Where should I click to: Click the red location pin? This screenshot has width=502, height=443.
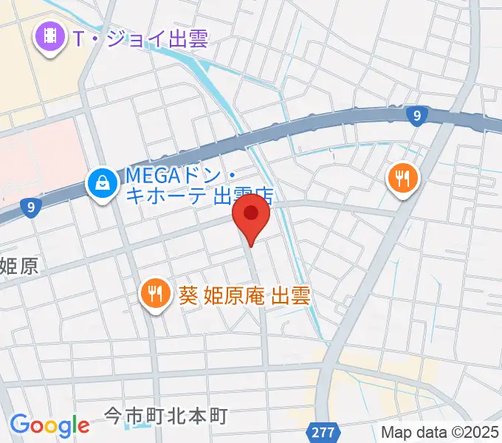(252, 215)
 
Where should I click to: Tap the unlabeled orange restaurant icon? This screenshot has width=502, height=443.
(402, 178)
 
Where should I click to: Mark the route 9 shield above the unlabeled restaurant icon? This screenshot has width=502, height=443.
(419, 115)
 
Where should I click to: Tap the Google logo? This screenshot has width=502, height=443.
(49, 425)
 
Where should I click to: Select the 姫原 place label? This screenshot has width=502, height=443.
(18, 266)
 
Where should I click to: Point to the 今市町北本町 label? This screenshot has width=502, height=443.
(165, 416)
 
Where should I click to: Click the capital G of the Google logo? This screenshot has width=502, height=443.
(19, 425)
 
